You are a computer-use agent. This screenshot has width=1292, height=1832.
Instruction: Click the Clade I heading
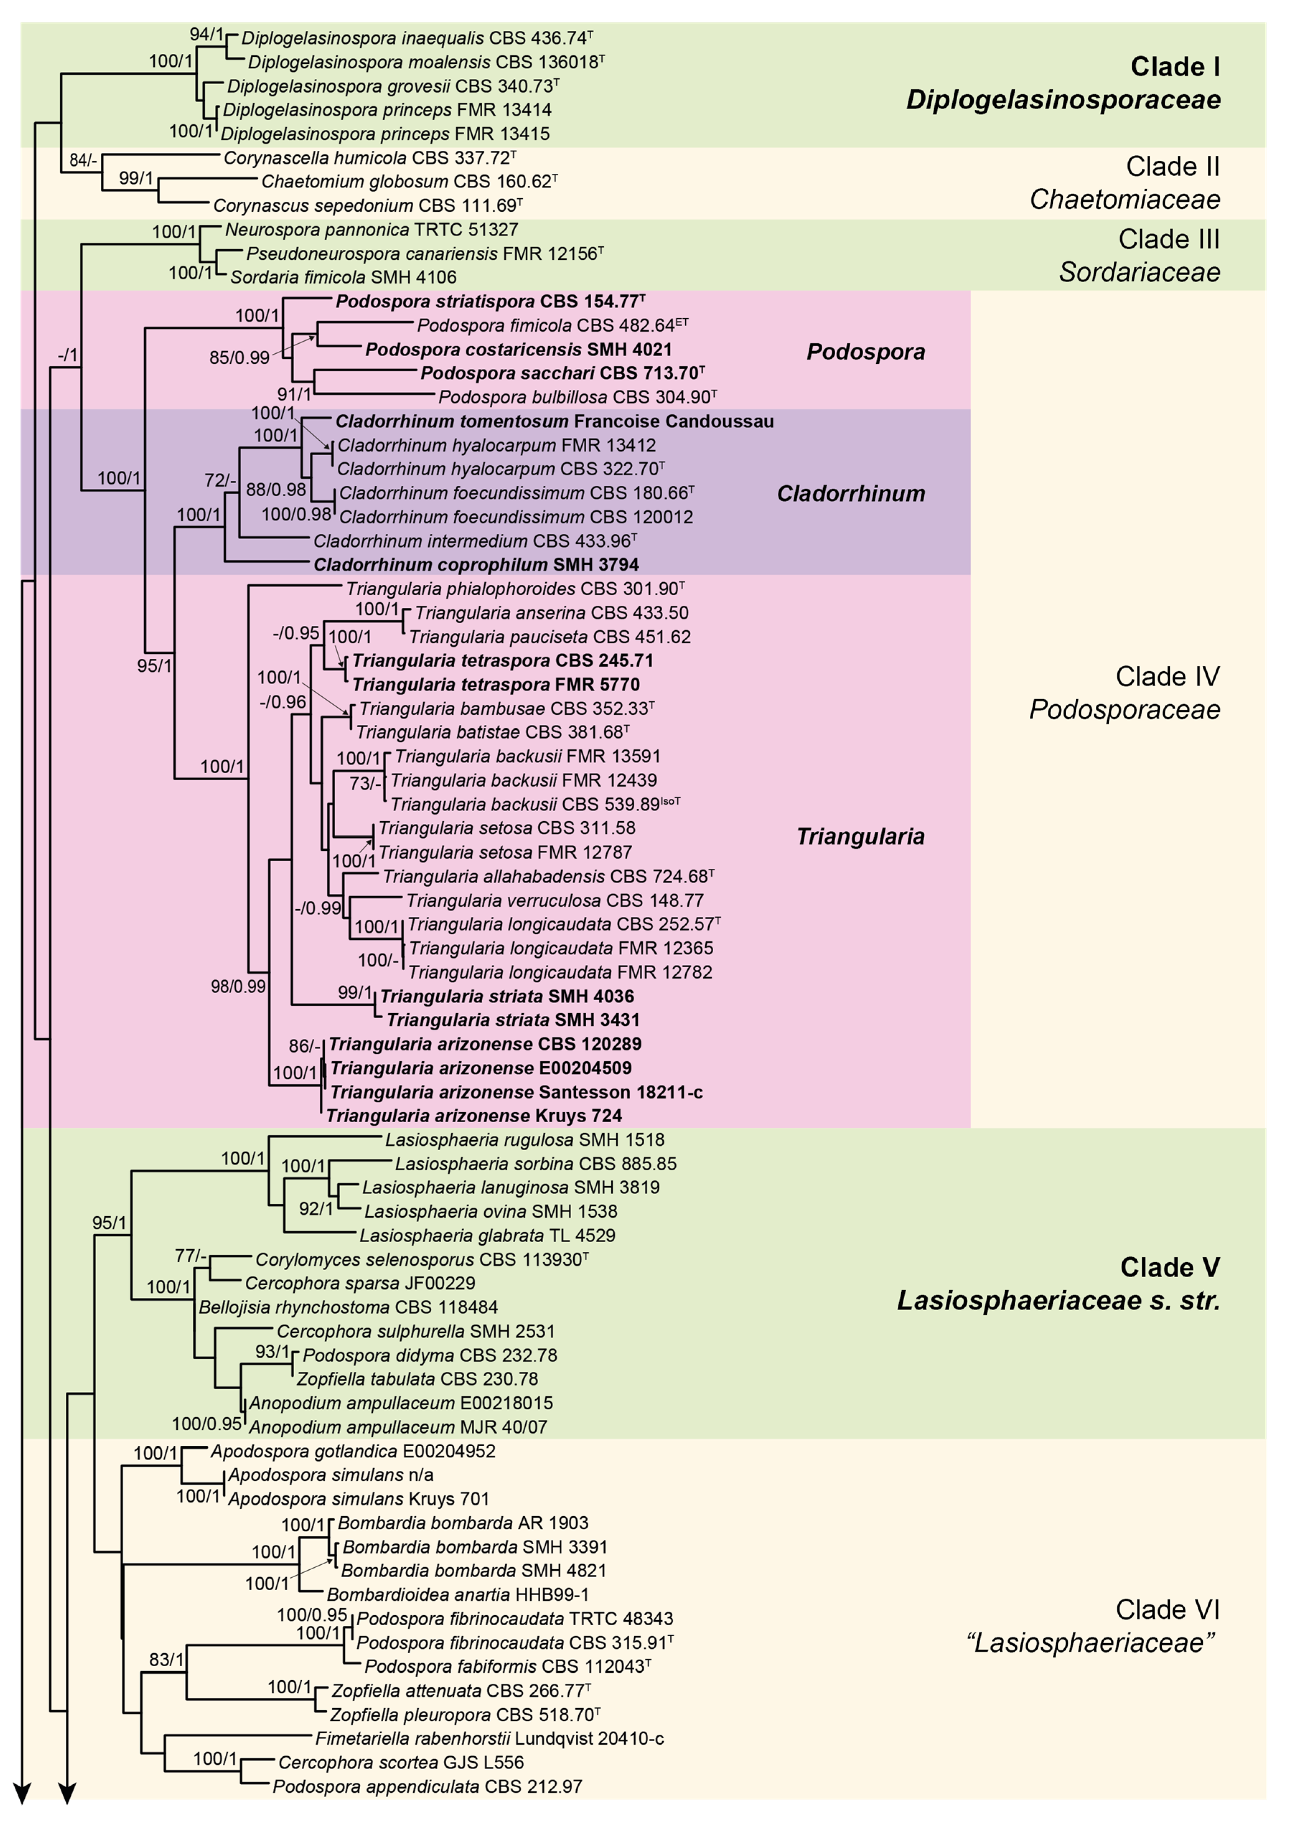1175,67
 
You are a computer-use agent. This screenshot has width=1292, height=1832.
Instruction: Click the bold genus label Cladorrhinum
851,494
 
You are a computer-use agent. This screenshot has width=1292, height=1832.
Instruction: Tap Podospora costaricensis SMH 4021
518,349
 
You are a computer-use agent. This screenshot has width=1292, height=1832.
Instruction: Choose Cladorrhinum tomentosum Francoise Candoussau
554,421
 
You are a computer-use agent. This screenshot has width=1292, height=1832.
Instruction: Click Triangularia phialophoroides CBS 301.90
515,589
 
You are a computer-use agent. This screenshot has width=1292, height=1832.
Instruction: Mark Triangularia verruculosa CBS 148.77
555,901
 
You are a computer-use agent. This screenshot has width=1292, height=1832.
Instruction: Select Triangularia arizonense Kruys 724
474,1115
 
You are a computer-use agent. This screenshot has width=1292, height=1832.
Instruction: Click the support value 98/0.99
238,986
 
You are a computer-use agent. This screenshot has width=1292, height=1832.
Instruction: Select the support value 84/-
83,160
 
